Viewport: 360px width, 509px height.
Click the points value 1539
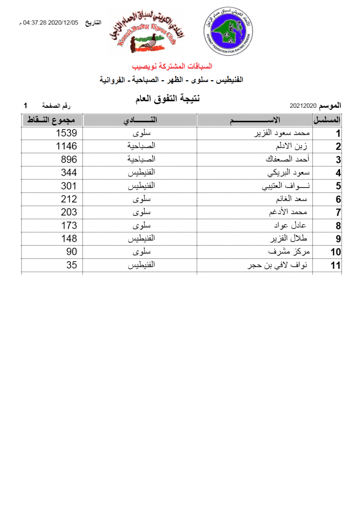click(x=66, y=133)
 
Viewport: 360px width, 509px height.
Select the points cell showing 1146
click(x=66, y=146)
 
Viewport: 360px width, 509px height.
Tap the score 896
click(x=69, y=159)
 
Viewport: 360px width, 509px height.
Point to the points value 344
click(x=69, y=173)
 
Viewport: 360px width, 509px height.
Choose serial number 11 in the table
click(x=335, y=266)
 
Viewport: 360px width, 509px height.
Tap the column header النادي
click(x=140, y=120)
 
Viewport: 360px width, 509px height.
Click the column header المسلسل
click(x=327, y=120)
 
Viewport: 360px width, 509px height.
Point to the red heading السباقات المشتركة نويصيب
click(x=172, y=66)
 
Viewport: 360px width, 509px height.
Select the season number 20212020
click(x=304, y=105)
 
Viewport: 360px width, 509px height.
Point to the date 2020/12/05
click(x=64, y=22)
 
